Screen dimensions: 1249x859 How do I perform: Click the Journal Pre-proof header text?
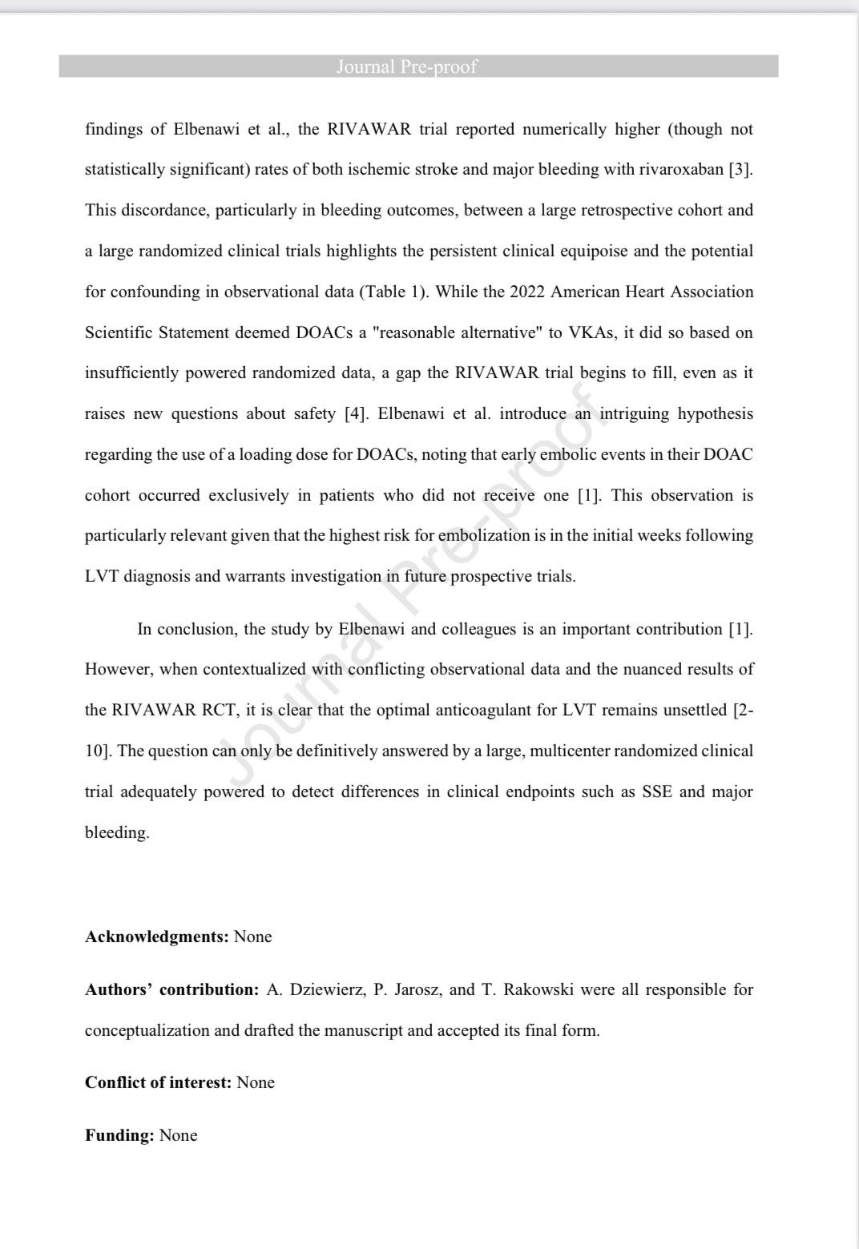tap(406, 66)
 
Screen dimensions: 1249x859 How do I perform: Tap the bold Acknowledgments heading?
tap(157, 937)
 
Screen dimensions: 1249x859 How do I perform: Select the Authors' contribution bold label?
tap(171, 989)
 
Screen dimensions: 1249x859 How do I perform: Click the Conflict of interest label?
tap(159, 1082)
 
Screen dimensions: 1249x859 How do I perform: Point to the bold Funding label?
tap(119, 1135)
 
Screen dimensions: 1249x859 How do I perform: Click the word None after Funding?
tap(178, 1135)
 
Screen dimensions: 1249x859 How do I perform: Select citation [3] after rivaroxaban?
tap(740, 170)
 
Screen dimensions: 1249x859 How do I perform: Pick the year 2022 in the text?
tap(526, 292)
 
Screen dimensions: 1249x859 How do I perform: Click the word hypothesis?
tap(715, 414)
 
